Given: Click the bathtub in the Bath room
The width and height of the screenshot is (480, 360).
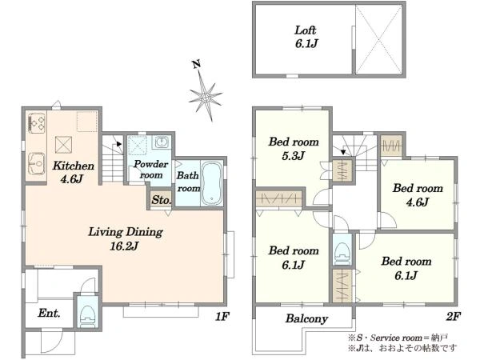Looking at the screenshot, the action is [212, 183].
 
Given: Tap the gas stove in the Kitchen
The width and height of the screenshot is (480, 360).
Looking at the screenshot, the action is [37, 123].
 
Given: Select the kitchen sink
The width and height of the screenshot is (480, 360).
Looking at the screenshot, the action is [37, 163].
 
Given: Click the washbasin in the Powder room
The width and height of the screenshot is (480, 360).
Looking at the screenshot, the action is [162, 142].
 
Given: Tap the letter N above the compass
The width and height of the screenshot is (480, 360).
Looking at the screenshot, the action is [196, 64].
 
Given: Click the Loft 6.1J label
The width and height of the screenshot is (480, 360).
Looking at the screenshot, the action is [306, 37].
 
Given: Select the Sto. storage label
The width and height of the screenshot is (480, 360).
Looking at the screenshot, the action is [162, 200].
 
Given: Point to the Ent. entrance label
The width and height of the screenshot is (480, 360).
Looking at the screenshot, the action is [49, 313].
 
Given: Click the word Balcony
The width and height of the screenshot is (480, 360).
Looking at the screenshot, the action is [306, 318].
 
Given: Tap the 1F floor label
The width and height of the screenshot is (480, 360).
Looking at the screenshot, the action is [222, 316].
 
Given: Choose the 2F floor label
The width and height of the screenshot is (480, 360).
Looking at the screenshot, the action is [454, 316].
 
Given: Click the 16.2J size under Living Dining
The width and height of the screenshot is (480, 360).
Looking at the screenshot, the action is [124, 246].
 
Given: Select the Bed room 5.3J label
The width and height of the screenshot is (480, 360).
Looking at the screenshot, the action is [294, 149].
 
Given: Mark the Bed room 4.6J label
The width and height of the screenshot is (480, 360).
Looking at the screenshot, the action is [418, 195].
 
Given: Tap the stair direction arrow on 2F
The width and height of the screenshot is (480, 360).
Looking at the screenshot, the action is [343, 151].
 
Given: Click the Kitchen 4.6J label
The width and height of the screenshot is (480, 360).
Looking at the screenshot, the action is [73, 172].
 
